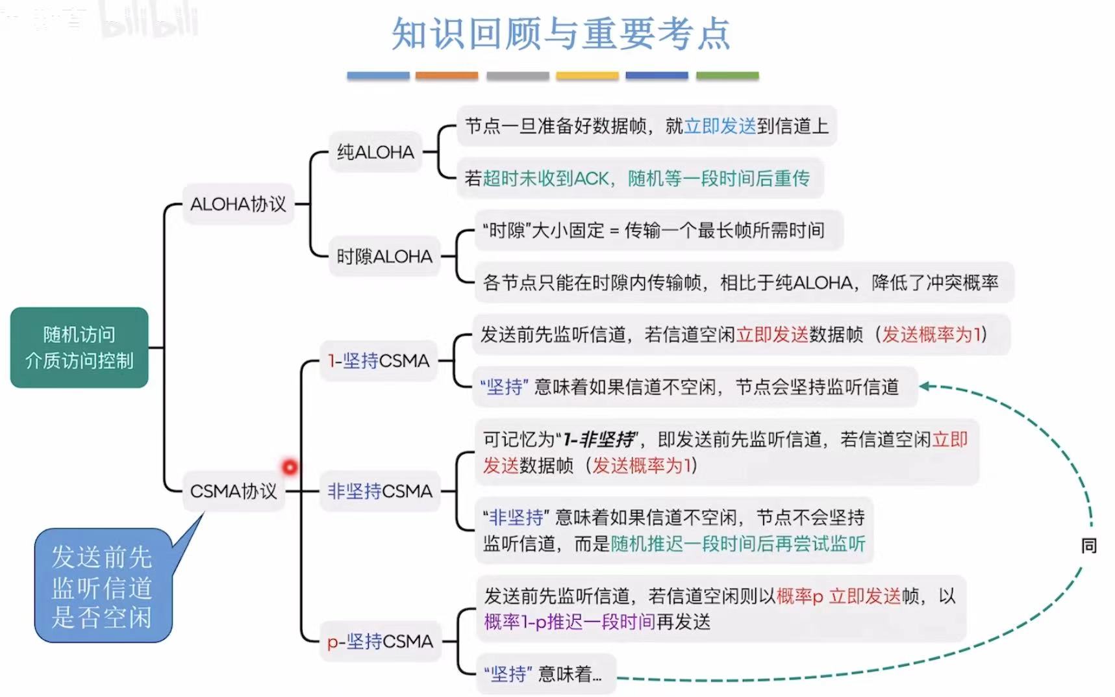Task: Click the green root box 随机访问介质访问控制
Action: pos(79,348)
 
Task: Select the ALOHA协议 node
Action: pos(238,204)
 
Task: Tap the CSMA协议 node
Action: pos(234,491)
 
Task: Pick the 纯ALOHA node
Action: pos(375,152)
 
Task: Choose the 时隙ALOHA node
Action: pos(384,257)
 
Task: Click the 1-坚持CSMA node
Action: pos(379,361)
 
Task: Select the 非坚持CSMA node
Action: pos(380,491)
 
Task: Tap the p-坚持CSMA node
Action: pos(380,642)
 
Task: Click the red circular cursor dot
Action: pos(290,467)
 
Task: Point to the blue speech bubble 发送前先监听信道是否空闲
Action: pos(103,587)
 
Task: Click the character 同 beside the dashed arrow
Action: pos(1089,546)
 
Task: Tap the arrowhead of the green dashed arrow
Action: pos(925,387)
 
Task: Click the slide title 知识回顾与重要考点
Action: pos(561,34)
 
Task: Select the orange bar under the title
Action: pos(447,76)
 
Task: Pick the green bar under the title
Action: pos(727,76)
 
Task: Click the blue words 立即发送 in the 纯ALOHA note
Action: pos(720,126)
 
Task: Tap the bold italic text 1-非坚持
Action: pos(599,440)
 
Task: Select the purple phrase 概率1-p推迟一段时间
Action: pos(570,622)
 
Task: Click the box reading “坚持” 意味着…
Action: pos(543,674)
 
